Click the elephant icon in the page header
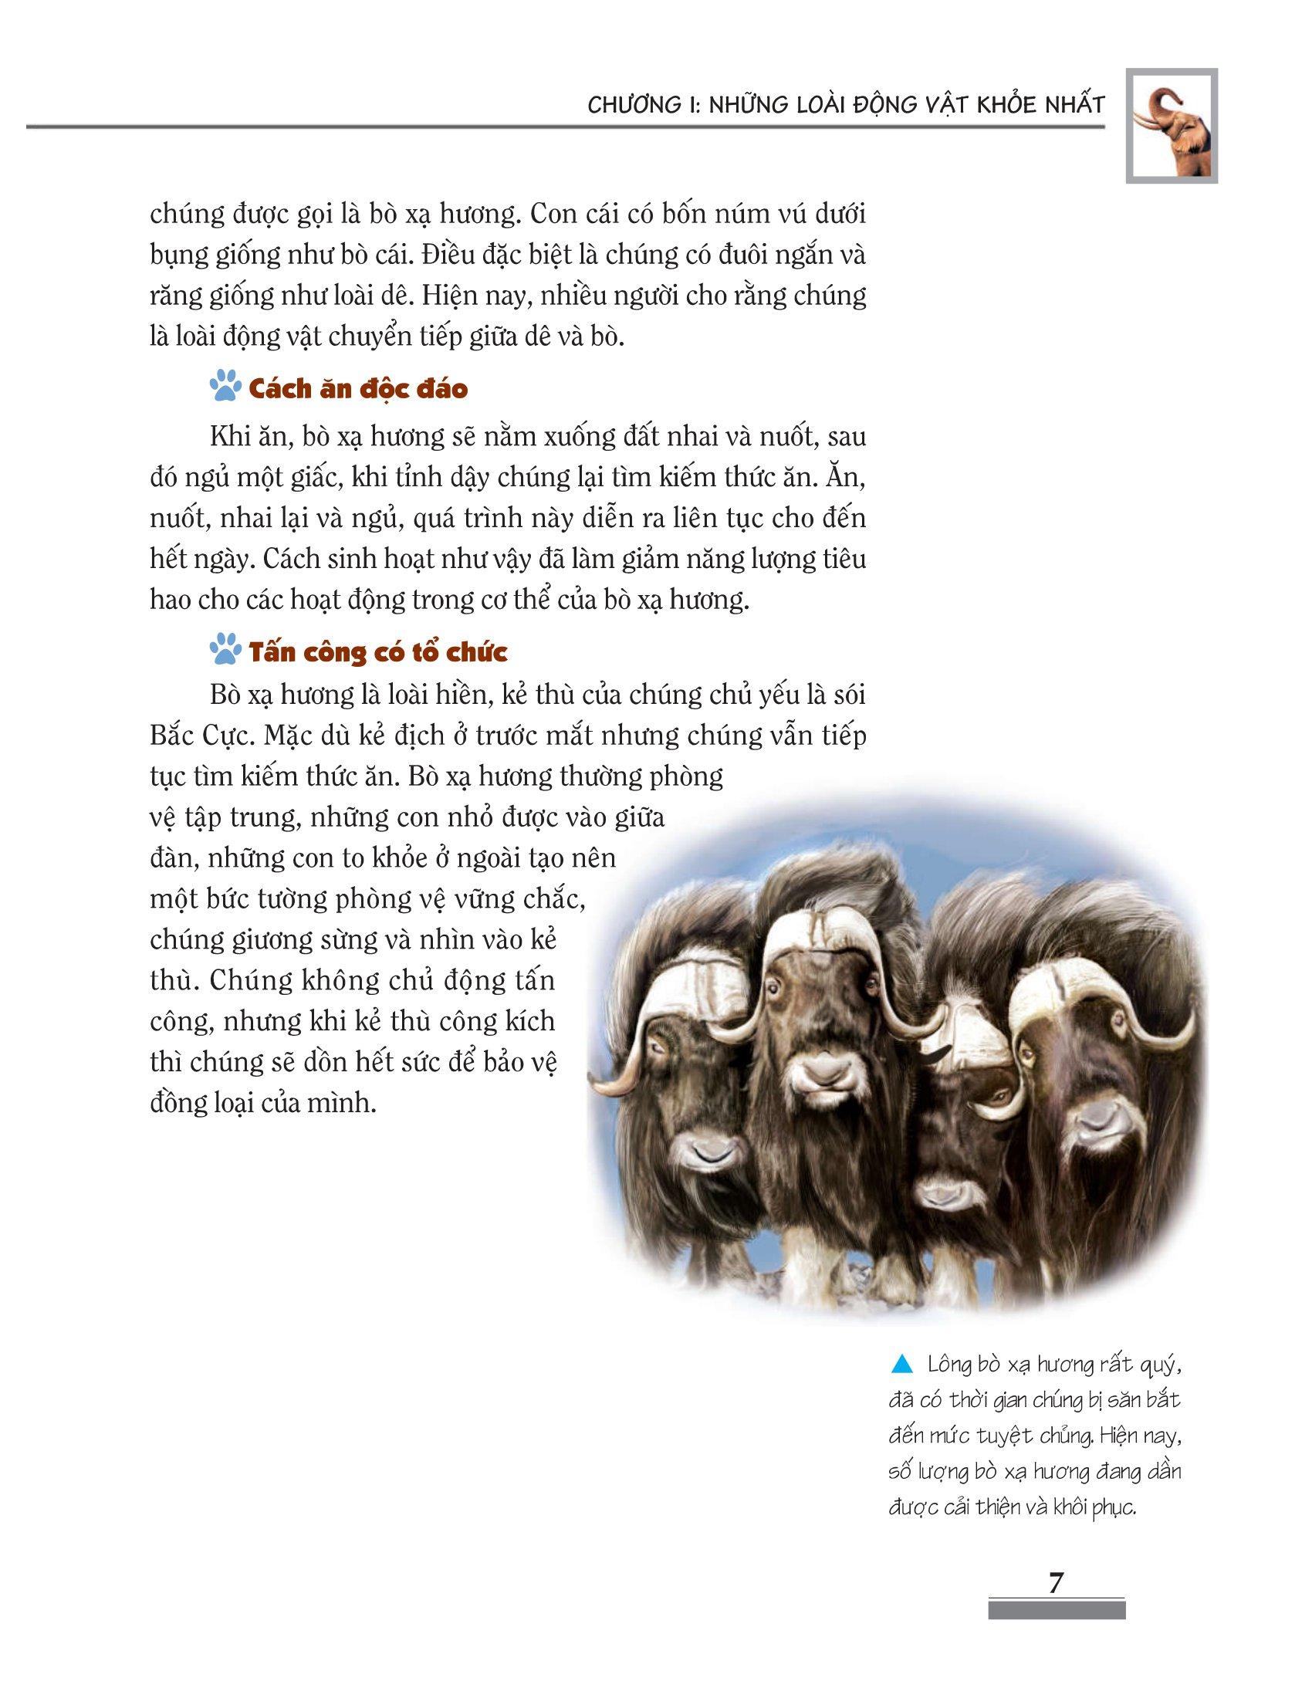pyautogui.click(x=1172, y=126)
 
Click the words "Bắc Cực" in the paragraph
pyautogui.click(x=194, y=736)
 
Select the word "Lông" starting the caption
pyautogui.click(x=950, y=1365)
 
